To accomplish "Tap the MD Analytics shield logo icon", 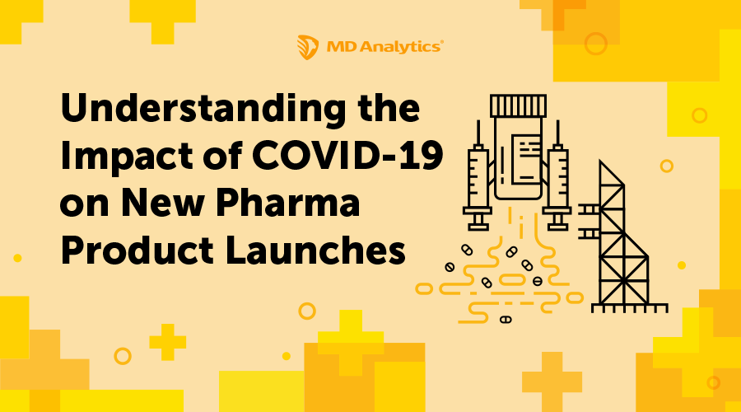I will click(306, 45).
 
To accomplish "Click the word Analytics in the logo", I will click(400, 46).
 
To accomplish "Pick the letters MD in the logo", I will click(336, 46).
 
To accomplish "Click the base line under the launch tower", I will click(631, 310).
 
